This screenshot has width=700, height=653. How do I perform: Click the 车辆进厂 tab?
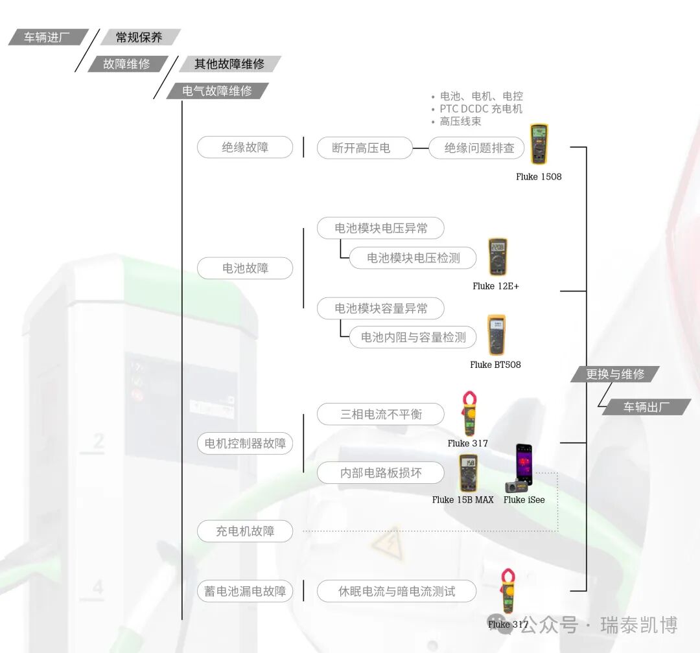[47, 38]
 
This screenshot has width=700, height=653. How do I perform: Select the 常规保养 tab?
[139, 38]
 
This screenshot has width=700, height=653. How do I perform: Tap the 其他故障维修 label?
[229, 64]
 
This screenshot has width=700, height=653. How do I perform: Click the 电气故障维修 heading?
[217, 91]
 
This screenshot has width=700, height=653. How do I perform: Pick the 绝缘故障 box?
[245, 147]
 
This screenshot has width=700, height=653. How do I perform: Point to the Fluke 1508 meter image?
[539, 144]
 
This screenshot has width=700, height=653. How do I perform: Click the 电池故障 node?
[245, 268]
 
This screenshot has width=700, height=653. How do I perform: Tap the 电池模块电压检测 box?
[413, 258]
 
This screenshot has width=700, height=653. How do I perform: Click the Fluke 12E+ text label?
[496, 286]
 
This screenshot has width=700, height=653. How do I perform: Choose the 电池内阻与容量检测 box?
[413, 337]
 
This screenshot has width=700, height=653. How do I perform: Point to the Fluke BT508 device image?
[496, 335]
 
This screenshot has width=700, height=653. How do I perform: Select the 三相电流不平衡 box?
[380, 414]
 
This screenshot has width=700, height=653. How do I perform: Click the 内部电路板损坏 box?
[380, 473]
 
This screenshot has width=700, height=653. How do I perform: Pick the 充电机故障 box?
[245, 531]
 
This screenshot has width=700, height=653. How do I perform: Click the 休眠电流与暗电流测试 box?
[397, 591]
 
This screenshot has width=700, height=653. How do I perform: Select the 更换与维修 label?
[615, 374]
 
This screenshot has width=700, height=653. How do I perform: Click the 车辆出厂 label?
[646, 407]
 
